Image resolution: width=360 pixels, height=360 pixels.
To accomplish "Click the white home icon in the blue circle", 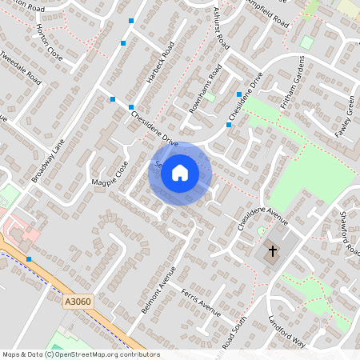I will pyautogui.click(x=180, y=173).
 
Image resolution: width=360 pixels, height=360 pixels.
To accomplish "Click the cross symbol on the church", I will pyautogui.click(x=272, y=251).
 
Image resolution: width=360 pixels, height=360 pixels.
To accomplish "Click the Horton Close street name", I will pyautogui.click(x=49, y=43).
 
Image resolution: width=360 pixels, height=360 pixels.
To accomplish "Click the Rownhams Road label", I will pyautogui.click(x=203, y=93).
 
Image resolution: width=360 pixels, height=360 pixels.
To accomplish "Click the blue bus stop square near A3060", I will pyautogui.click(x=29, y=259).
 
